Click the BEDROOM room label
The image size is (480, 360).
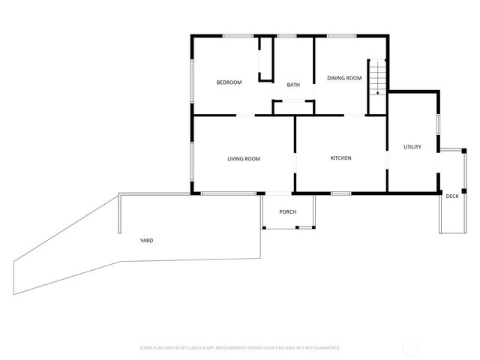pyautogui.click(x=229, y=82)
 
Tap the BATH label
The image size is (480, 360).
pyautogui.click(x=293, y=85)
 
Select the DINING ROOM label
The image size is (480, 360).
pyautogui.click(x=344, y=78)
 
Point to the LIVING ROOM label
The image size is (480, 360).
pyautogui.click(x=244, y=158)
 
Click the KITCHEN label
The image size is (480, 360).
pyautogui.click(x=341, y=158)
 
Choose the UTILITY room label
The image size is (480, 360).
pyautogui.click(x=412, y=146)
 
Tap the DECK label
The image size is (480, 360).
pyautogui.click(x=452, y=196)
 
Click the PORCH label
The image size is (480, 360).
pyautogui.click(x=288, y=212)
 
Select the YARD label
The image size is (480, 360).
pyautogui.click(x=146, y=241)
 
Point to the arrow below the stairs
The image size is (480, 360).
pyautogui.click(x=376, y=93)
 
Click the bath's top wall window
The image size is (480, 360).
pyautogui.click(x=286, y=35)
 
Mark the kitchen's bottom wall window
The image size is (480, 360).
pyautogui.click(x=341, y=193)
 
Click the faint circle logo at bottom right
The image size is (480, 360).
pyautogui.click(x=410, y=347)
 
